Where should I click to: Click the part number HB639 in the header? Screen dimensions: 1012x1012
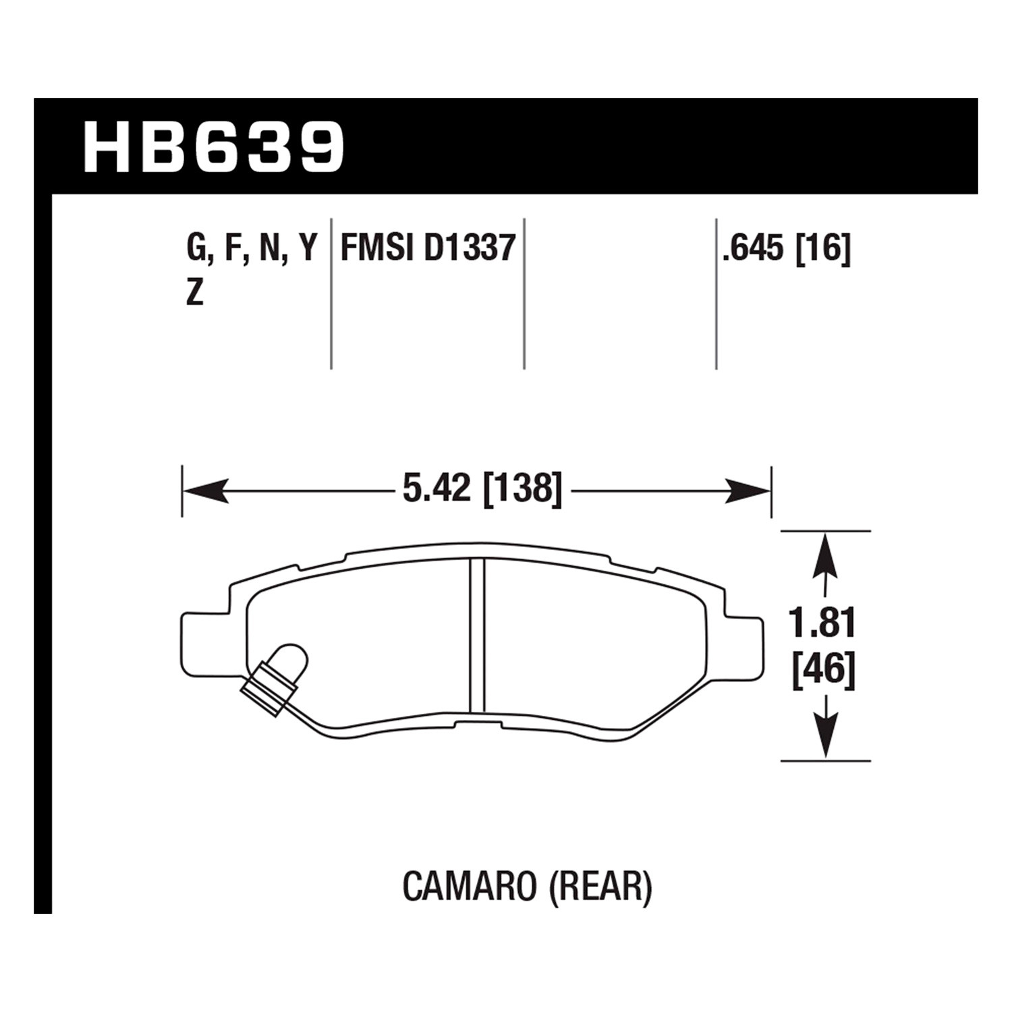coord(214,147)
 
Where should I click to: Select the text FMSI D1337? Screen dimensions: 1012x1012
coord(428,248)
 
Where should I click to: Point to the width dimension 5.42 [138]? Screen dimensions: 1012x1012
coord(482,488)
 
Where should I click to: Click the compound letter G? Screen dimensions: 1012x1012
coord(196,249)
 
